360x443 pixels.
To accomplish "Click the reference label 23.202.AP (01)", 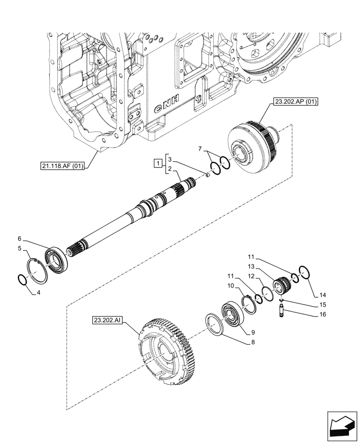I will click(x=297, y=102).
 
